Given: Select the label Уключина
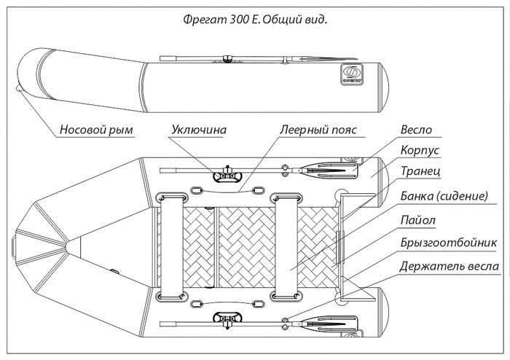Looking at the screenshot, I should point(198,130).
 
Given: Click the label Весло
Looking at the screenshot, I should point(416,130).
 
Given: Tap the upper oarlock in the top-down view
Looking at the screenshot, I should point(225,173).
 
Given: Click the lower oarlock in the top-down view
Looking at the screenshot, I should point(225,319).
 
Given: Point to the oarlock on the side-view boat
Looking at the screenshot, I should point(228,58).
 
